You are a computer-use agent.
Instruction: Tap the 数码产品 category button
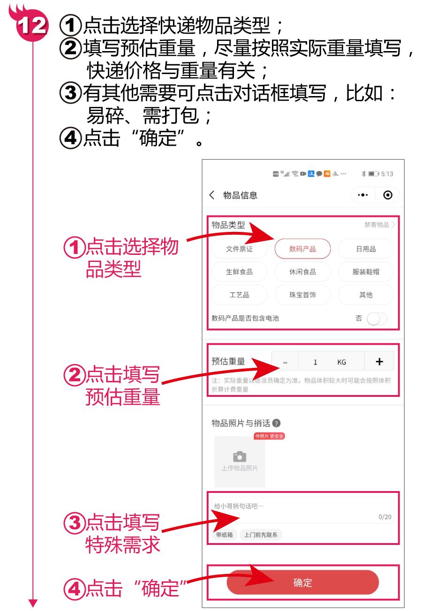pos(302,249)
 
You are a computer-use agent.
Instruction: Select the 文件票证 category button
pos(239,249)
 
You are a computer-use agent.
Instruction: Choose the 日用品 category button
pos(366,249)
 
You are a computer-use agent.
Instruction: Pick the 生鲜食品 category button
pos(239,272)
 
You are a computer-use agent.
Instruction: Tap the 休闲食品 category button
pos(302,272)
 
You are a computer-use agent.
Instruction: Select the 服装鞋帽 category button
pos(366,272)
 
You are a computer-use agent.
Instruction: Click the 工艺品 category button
pos(239,295)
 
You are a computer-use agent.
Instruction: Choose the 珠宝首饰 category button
pos(302,295)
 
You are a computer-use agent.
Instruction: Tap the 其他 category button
pos(366,295)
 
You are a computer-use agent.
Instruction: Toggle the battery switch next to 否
pos(377,319)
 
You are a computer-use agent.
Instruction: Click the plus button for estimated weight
pos(379,362)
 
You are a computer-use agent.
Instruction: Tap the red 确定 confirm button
pos(302,583)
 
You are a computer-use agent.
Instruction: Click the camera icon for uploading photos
pos(240,457)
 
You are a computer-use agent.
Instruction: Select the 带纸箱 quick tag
pos(224,535)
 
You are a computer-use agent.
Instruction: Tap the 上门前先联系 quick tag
pos(261,535)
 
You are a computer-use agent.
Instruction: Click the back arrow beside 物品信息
pos(214,195)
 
